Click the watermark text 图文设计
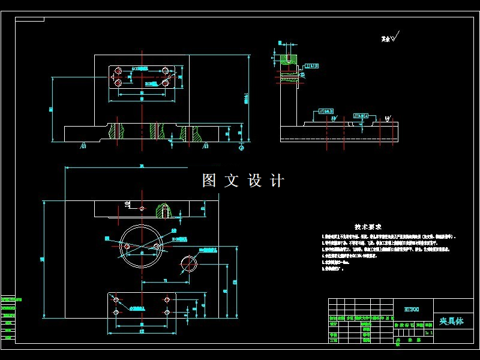[242, 180]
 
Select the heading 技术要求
[368, 227]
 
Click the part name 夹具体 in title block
[451, 322]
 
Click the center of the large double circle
[141, 247]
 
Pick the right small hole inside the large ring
[157, 247]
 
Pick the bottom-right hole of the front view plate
[166, 82]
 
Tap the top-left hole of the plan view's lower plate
[116, 299]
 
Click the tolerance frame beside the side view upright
[311, 65]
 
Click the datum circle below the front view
[241, 146]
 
